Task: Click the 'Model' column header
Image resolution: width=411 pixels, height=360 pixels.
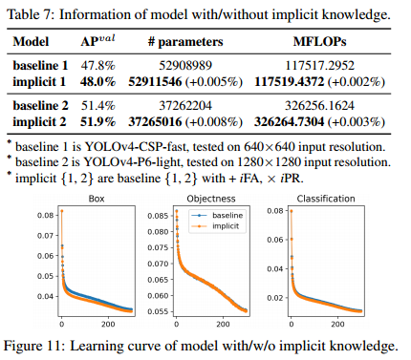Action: (x=31, y=42)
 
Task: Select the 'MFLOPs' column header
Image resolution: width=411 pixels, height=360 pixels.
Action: (x=319, y=42)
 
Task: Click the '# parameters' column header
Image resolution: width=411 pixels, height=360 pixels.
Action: (x=185, y=42)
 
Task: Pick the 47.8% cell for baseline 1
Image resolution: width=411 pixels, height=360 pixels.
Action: (x=97, y=65)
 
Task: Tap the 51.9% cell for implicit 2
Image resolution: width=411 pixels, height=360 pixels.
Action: (x=97, y=121)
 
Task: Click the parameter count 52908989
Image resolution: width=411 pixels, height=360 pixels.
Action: (x=185, y=65)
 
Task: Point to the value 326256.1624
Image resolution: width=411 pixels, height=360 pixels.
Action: (x=319, y=105)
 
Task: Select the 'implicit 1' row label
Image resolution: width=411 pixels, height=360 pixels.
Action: (x=39, y=82)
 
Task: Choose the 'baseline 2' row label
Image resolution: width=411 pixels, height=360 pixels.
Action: (x=40, y=105)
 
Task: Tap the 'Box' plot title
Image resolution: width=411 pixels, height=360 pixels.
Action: (x=97, y=199)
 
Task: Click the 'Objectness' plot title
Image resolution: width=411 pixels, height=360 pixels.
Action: (x=211, y=199)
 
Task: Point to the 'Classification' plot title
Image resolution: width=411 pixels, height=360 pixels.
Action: (x=326, y=199)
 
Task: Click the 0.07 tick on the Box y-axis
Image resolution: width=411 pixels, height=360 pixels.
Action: (x=45, y=236)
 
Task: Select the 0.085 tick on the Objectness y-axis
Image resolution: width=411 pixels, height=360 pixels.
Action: (x=158, y=216)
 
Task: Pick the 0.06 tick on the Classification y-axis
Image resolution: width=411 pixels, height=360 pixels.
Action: (x=275, y=240)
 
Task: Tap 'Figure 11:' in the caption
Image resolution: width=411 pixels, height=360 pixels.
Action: (x=34, y=346)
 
